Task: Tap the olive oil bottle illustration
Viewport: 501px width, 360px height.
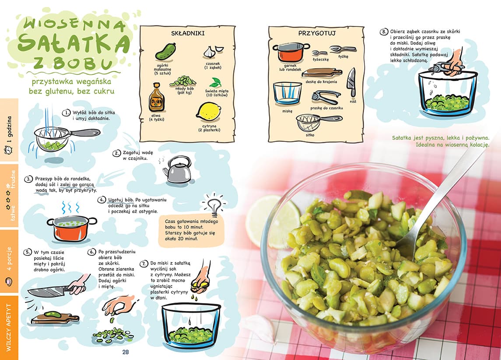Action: click(157, 97)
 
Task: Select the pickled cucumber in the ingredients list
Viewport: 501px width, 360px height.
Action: click(166, 52)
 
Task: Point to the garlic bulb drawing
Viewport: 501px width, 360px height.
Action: click(213, 52)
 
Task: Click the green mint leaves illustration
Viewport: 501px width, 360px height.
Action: click(216, 83)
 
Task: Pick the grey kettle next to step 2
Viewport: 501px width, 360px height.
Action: click(177, 169)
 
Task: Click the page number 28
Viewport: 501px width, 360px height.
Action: click(126, 352)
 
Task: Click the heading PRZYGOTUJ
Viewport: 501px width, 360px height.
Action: click(317, 33)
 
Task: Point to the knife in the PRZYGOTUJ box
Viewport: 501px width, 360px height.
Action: click(351, 82)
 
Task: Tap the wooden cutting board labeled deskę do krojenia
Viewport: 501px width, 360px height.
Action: click(322, 73)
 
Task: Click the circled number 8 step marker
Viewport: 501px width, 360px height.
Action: click(383, 32)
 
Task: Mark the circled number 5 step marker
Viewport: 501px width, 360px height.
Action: click(28, 252)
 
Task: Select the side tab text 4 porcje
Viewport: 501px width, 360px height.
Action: click(9, 259)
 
